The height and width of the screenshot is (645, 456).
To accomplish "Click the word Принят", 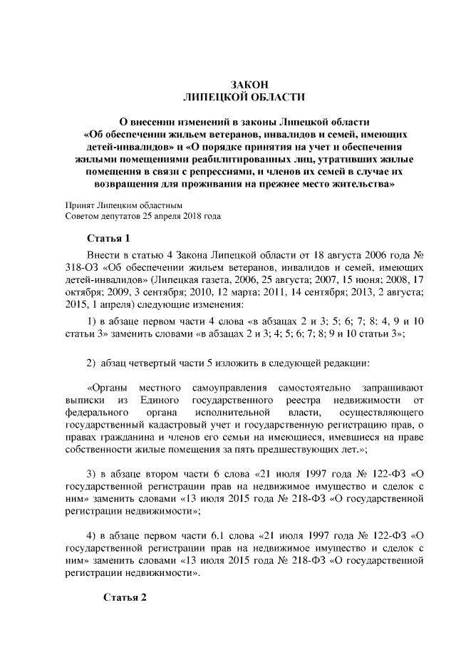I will point(78,205).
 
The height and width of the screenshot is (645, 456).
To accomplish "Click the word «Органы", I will point(106,388).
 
